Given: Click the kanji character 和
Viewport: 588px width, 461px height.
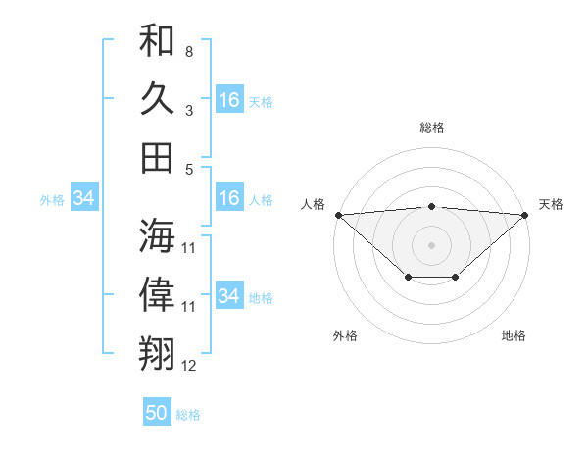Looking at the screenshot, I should (157, 41).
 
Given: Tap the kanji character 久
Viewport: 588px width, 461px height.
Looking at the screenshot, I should (157, 99).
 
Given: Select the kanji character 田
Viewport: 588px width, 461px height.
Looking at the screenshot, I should (157, 157).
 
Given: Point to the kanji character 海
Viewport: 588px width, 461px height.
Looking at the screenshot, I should (157, 235).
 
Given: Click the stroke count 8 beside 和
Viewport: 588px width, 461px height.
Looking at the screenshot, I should (188, 51).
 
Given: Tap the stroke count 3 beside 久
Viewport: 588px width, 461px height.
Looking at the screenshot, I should (188, 111).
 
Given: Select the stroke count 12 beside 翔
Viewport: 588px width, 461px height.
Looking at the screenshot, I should (189, 366).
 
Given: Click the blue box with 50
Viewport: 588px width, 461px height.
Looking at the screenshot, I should (157, 413).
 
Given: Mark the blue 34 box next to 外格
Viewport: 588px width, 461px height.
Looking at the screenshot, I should (83, 199).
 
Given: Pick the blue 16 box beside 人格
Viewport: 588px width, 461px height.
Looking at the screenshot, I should (228, 199).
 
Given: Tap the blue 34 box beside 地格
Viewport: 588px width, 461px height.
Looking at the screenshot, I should (228, 296).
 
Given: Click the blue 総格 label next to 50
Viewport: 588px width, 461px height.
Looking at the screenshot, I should (188, 415).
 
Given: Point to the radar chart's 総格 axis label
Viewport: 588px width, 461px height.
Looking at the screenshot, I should (432, 128).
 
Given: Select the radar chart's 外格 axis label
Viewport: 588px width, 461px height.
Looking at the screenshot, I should (345, 335).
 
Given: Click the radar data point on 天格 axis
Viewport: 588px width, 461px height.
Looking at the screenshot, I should (526, 215).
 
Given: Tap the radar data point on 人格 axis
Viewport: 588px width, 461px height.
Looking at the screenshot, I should (338, 215).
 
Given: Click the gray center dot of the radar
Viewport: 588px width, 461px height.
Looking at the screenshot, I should (432, 244).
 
